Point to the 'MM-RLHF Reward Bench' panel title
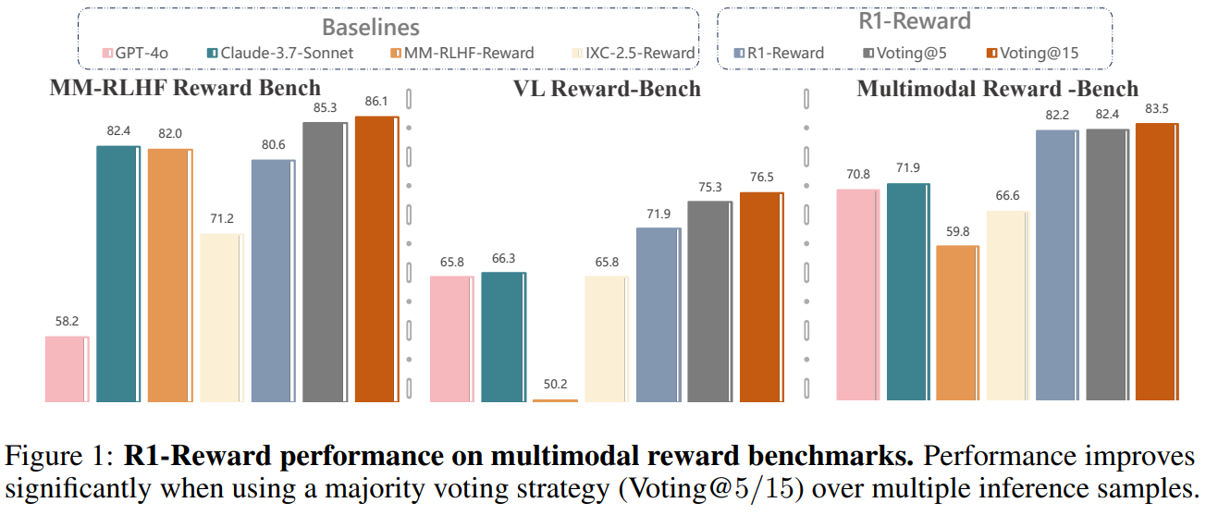185,89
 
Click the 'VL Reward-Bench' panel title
606,89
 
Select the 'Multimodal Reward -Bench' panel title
998,89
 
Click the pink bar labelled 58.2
68,369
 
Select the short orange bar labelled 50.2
555,400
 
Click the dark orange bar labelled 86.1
376,259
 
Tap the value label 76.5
760,179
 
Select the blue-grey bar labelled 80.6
273,281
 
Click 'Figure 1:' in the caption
58,456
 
